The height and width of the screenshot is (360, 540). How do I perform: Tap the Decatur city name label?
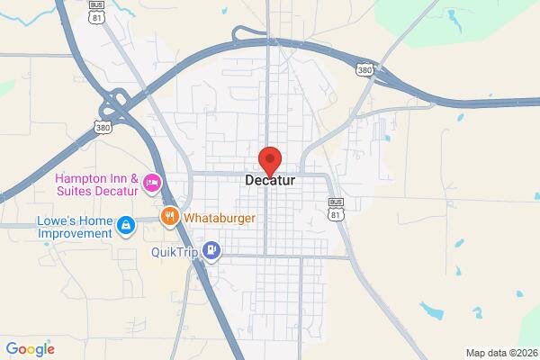click(271, 180)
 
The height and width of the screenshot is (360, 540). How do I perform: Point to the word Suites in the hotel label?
click(74, 191)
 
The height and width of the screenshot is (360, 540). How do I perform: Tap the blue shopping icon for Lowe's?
click(127, 222)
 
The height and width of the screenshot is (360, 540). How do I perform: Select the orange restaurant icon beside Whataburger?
click(168, 217)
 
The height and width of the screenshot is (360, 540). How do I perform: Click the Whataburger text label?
click(220, 218)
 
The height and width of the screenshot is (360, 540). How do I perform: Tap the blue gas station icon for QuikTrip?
click(211, 250)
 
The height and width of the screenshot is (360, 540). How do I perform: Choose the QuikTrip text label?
click(175, 251)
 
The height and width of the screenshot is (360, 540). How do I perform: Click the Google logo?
click(30, 349)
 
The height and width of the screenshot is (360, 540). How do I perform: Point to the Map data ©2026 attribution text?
click(502, 352)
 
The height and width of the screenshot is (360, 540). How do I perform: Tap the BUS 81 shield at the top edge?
click(96, 10)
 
